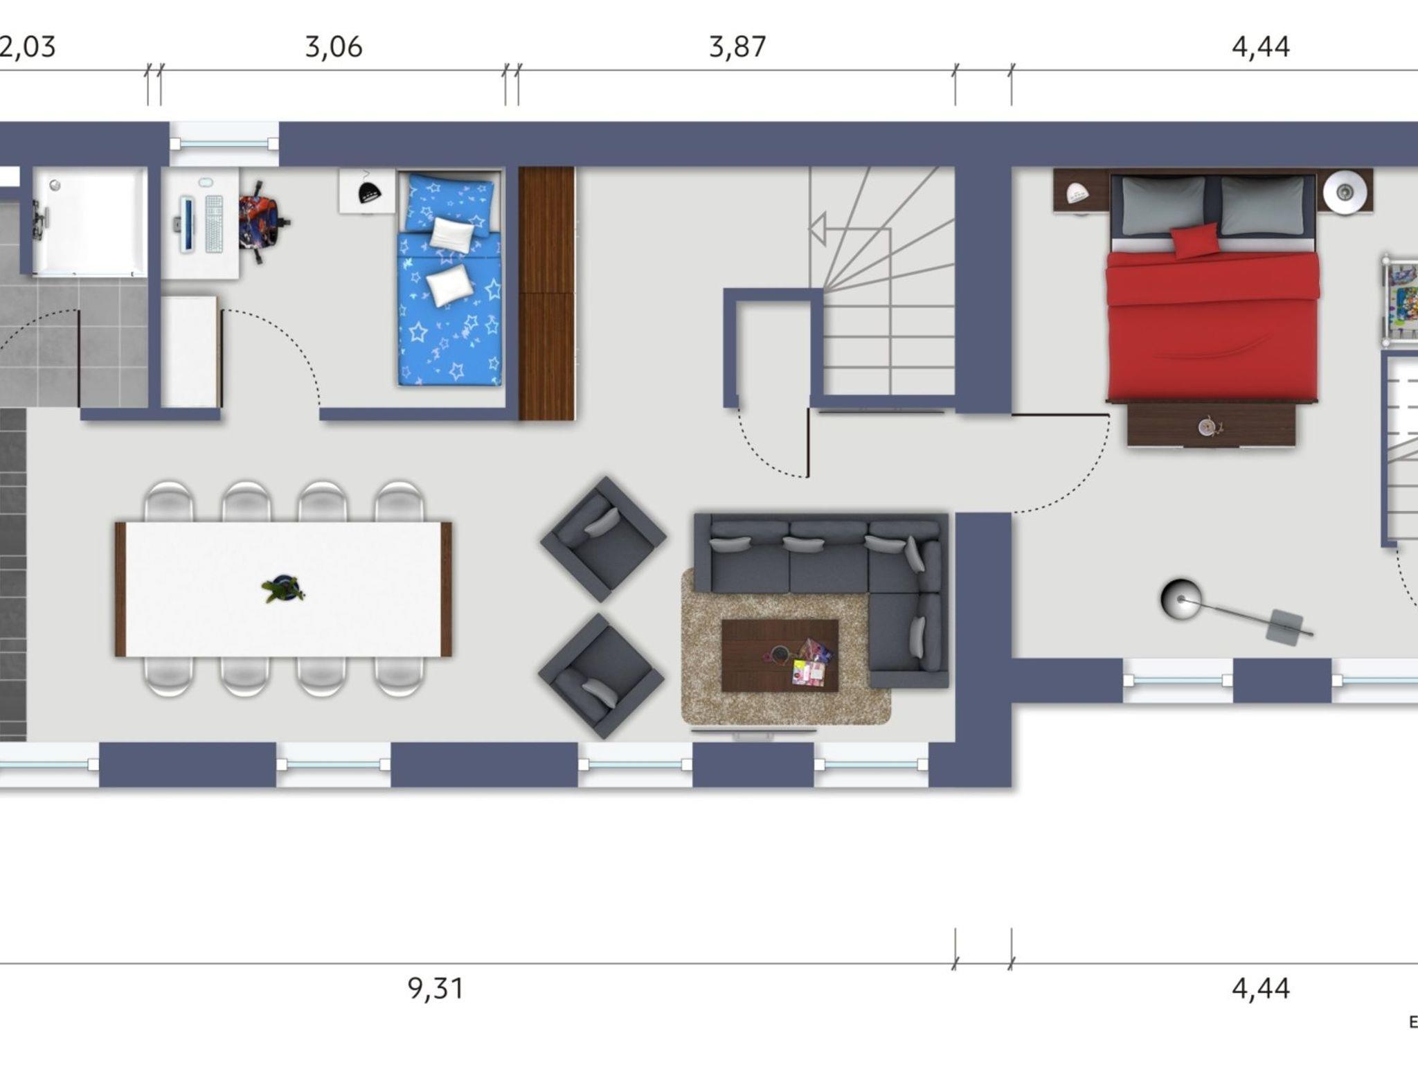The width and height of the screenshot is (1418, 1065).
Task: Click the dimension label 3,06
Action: point(334,47)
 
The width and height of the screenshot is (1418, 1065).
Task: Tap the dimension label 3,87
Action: point(737,47)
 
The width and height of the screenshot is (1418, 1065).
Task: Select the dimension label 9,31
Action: point(436,988)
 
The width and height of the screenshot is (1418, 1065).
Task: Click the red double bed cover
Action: point(1212,325)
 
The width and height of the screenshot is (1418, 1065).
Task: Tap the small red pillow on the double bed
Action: point(1195,241)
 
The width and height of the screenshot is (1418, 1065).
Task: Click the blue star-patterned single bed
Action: point(450,279)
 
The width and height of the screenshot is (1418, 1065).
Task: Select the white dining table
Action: point(284,589)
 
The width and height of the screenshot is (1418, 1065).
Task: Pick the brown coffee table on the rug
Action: point(780,655)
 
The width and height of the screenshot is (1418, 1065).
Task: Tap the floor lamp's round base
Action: point(1181,599)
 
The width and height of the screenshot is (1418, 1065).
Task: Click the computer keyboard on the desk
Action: point(215,224)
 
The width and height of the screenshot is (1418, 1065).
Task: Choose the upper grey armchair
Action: point(603,538)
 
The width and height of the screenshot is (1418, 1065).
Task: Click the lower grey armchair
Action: point(601,675)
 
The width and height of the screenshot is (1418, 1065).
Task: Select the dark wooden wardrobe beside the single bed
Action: point(547,294)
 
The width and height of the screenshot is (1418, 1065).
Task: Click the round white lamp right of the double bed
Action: point(1345,191)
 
